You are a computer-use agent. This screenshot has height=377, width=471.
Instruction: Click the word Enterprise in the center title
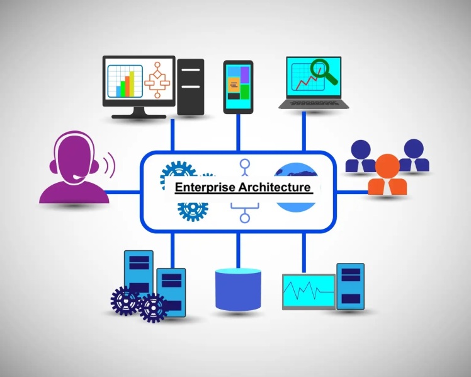click(205, 187)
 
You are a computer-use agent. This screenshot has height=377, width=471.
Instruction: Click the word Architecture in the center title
click(275, 187)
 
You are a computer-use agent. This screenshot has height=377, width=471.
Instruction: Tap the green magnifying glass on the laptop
click(323, 71)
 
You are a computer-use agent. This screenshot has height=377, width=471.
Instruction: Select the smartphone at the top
click(238, 87)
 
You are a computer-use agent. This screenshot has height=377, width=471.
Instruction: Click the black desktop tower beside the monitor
click(190, 87)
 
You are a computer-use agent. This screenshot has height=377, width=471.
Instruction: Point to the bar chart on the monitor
click(125, 81)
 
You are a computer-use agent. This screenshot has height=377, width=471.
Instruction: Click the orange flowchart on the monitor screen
click(157, 80)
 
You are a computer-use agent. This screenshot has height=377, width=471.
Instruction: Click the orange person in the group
click(387, 175)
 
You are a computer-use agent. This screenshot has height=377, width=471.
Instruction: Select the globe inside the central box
click(296, 187)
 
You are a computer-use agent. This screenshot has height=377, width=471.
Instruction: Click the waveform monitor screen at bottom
click(309, 292)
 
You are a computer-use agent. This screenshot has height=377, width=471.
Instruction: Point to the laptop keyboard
click(314, 103)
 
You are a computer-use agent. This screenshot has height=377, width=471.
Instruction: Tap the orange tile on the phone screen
click(234, 84)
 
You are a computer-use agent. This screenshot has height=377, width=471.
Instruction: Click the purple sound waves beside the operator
click(109, 165)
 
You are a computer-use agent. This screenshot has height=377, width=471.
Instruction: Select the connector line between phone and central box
click(238, 132)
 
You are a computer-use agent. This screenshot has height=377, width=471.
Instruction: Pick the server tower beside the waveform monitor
click(350, 286)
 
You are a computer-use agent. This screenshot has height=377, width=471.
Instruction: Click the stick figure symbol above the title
click(245, 168)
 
